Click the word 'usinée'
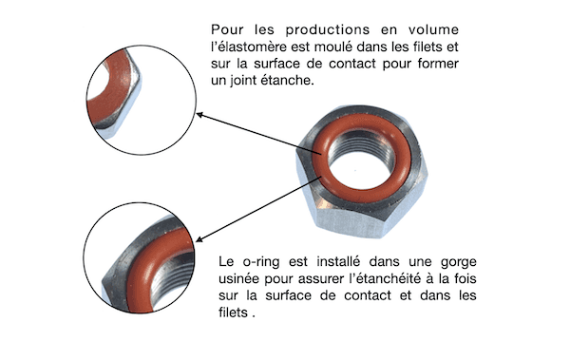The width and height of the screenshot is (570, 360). pos(242,277)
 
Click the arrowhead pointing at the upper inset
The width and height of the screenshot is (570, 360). pos(201,115)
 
